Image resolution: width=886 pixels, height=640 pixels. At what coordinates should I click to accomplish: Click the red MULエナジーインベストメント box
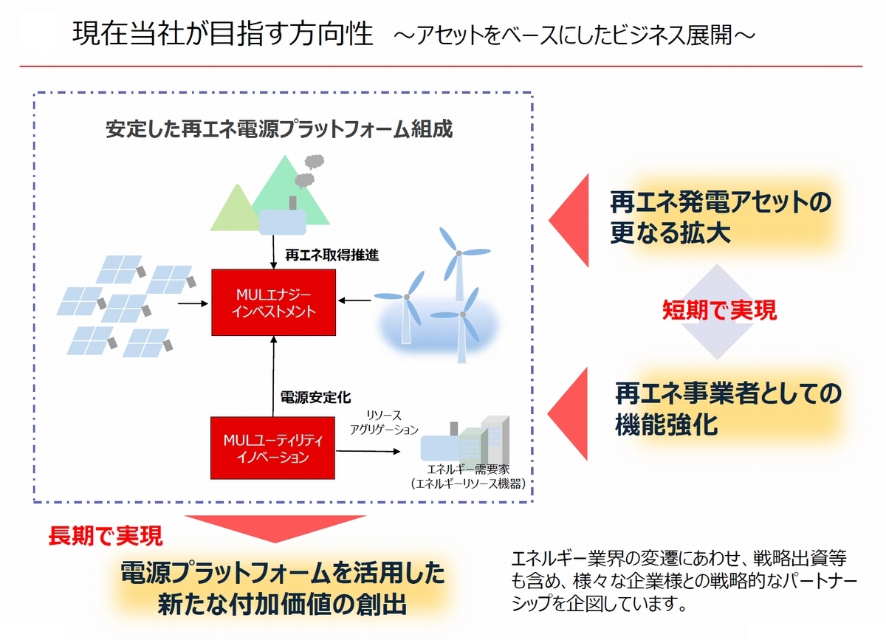pyautogui.click(x=274, y=303)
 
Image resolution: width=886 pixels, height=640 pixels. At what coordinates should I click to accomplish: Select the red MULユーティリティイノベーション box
pyautogui.click(x=272, y=448)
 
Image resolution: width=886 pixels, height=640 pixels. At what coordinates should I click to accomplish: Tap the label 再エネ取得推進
pyautogui.click(x=332, y=255)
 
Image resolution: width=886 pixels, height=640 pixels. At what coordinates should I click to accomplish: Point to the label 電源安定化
pyautogui.click(x=316, y=397)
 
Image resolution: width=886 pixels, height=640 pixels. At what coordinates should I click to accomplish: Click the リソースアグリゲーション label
pyautogui.click(x=384, y=422)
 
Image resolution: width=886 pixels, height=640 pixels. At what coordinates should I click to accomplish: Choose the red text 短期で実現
pyautogui.click(x=719, y=310)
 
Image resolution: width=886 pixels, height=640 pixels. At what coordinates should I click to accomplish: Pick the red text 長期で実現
pyautogui.click(x=105, y=536)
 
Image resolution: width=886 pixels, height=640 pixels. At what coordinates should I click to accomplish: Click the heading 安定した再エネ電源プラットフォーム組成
pyautogui.click(x=279, y=129)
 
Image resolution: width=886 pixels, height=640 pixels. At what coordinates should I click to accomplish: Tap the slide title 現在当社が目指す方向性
pyautogui.click(x=223, y=34)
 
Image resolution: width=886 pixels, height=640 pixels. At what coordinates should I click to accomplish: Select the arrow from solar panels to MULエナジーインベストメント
pyautogui.click(x=193, y=303)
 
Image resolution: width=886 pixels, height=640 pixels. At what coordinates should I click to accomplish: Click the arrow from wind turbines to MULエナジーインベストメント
pyautogui.click(x=355, y=300)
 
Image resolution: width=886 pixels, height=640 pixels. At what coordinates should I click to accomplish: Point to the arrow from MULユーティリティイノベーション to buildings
pyautogui.click(x=368, y=451)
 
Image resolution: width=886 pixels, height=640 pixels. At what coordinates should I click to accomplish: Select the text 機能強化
pyautogui.click(x=667, y=424)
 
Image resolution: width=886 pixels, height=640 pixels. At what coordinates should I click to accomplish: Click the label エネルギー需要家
pyautogui.click(x=468, y=469)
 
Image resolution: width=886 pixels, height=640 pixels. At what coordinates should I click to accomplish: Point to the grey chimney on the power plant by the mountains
pyautogui.click(x=292, y=203)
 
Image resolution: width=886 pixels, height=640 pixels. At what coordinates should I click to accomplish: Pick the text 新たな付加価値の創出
pyautogui.click(x=282, y=604)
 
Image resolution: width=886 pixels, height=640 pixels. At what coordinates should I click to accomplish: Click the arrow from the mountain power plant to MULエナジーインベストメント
pyautogui.click(x=273, y=252)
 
